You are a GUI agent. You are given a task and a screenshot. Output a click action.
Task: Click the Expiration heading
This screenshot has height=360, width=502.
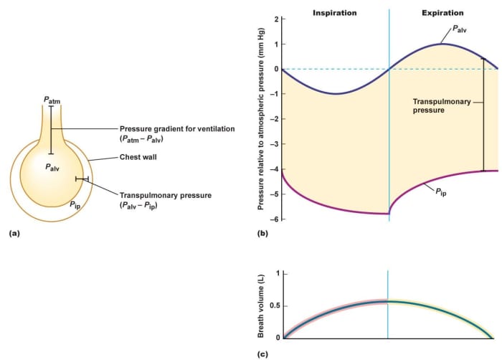point(442,13)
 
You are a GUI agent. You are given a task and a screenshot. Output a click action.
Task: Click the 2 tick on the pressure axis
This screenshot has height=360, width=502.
point(276,19)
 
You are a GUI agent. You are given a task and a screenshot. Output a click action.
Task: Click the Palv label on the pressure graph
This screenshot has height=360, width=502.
point(460,31)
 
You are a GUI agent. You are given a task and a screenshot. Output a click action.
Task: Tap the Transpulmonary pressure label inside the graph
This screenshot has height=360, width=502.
point(442,106)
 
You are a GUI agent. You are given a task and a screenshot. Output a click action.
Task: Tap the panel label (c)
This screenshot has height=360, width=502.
point(262,353)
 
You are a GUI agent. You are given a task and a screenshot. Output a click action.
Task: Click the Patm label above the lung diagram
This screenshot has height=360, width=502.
point(49,100)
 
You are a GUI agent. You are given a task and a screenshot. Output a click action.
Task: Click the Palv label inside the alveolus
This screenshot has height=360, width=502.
point(52,167)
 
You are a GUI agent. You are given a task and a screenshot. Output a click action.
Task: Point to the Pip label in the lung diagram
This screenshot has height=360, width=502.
point(75,204)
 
